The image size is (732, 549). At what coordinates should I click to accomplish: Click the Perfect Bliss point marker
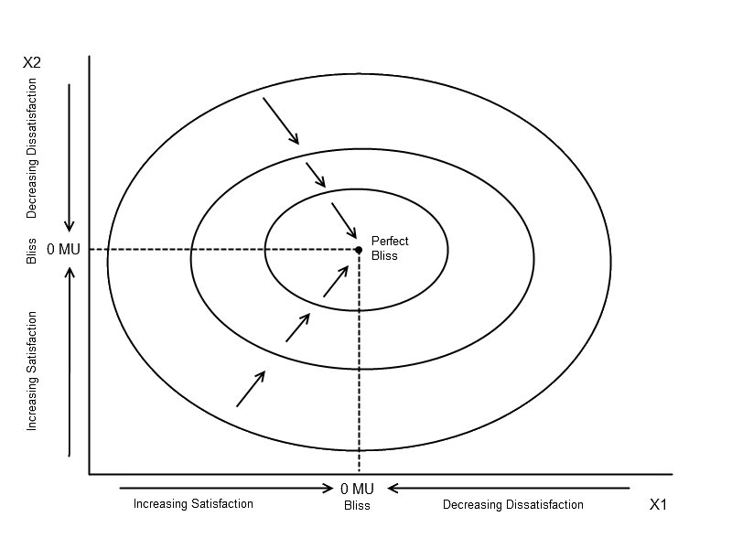[359, 250]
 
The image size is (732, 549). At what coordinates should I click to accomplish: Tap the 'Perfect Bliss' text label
[390, 248]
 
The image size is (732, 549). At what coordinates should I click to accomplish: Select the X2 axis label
[32, 62]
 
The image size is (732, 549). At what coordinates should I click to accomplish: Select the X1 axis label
[658, 505]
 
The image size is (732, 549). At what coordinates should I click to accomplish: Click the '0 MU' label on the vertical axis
[63, 249]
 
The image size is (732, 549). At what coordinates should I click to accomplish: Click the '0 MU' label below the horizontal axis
[357, 489]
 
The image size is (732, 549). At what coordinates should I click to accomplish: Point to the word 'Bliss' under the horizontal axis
[357, 506]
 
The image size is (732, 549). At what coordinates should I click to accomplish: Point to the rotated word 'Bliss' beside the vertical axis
[31, 251]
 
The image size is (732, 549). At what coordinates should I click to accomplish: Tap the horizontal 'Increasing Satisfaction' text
[193, 504]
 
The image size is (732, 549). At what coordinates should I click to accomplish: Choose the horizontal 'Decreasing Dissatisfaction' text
[513, 505]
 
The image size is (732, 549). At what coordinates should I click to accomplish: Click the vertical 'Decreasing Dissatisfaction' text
[31, 148]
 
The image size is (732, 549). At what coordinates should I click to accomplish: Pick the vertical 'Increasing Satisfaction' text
[31, 371]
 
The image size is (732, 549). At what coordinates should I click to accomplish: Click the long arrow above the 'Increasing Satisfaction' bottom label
[226, 489]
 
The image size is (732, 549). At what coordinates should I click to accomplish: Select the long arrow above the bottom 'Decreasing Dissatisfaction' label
[509, 489]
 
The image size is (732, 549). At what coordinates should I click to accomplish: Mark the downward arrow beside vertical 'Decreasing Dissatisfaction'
[70, 157]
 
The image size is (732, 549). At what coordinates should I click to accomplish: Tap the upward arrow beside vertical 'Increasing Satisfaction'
[70, 361]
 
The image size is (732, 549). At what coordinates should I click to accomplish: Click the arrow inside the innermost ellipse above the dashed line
[344, 221]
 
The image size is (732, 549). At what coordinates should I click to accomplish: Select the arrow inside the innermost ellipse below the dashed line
[336, 281]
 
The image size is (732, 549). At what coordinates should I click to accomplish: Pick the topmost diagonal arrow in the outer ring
[281, 121]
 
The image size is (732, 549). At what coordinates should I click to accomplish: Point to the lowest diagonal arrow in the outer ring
[251, 389]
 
